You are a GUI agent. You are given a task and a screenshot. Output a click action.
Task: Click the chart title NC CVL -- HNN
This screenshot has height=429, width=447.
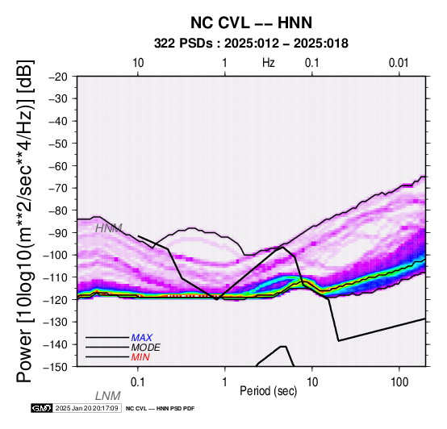[251, 23]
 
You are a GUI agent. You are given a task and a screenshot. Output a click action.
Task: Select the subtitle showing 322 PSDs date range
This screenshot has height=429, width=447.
[251, 44]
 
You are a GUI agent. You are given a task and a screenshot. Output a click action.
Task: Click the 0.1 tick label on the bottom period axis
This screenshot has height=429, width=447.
[137, 382]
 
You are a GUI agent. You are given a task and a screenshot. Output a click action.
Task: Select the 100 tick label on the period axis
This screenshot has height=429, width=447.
[399, 382]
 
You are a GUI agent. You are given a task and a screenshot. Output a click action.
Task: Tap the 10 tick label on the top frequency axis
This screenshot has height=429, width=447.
[138, 63]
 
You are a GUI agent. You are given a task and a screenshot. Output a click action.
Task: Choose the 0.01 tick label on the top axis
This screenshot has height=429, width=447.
[399, 63]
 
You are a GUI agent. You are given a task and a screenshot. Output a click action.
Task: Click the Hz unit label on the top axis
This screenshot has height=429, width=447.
[269, 63]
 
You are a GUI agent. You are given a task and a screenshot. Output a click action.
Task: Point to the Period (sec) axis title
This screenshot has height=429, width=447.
[268, 391]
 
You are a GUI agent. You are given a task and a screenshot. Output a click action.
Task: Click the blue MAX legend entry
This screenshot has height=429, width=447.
[142, 338]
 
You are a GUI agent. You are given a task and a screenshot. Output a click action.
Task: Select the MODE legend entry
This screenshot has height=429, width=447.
[146, 348]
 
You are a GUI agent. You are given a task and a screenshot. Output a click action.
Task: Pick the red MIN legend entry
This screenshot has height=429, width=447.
[140, 357]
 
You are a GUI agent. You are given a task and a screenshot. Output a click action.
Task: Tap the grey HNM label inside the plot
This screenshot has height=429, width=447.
[109, 228]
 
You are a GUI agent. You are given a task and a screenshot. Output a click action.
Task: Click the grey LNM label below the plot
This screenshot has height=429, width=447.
[108, 396]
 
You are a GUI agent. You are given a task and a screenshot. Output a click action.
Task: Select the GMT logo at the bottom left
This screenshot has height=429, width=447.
[42, 408]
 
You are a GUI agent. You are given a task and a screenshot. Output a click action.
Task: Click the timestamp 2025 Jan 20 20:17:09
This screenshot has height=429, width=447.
[86, 408]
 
